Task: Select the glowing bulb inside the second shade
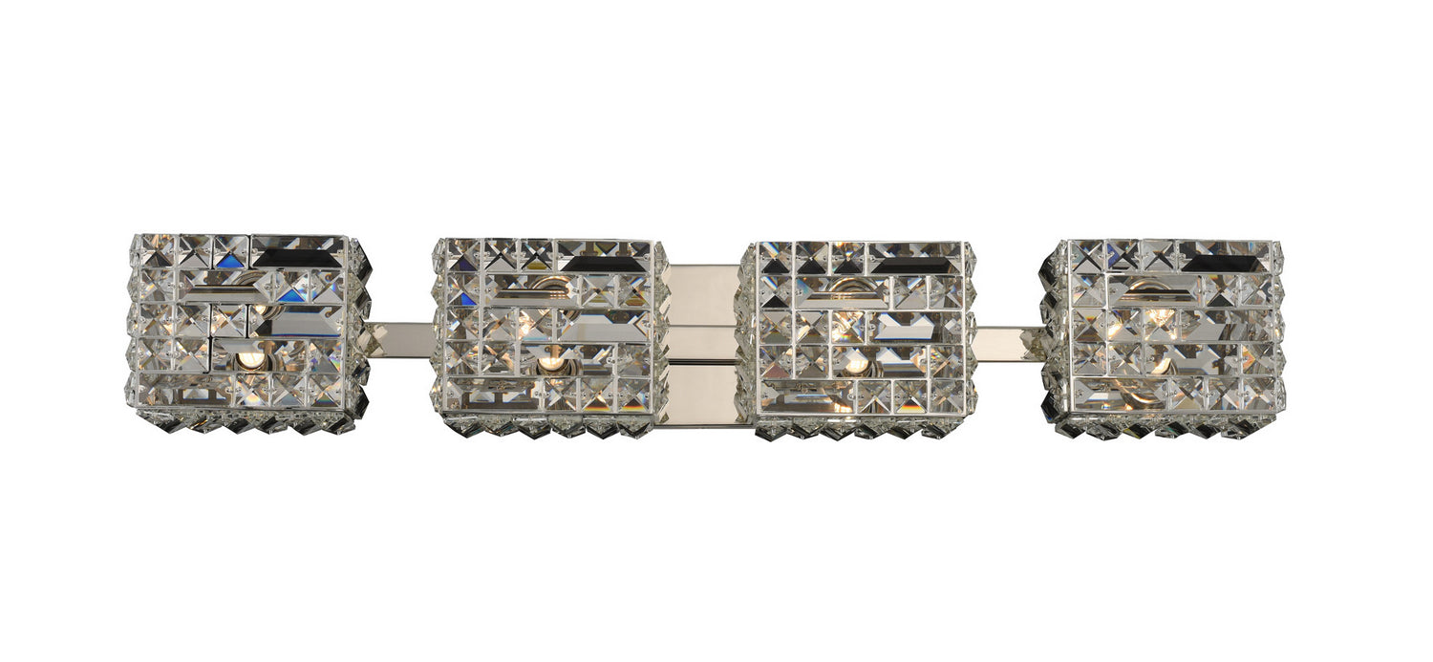click(x=548, y=363)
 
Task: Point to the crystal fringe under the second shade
click(x=545, y=426)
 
